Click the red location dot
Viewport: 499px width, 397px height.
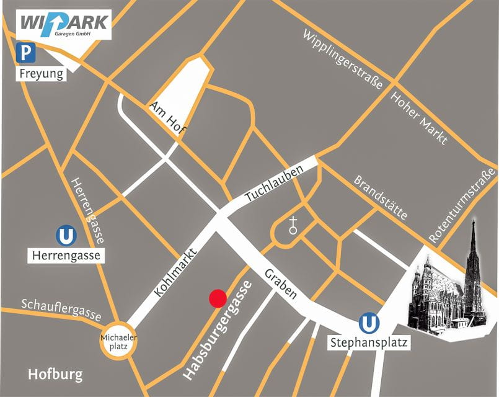(217, 298)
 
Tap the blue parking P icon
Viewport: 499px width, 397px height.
(26, 53)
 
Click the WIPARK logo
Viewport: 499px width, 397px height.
(65, 24)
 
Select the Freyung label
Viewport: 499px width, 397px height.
(42, 74)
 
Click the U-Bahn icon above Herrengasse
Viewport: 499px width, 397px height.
(65, 236)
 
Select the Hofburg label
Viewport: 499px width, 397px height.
(55, 375)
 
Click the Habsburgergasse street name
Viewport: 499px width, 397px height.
(219, 330)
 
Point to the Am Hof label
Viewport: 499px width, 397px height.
(169, 117)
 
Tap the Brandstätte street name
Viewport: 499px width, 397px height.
(381, 197)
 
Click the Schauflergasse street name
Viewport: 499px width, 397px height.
(61, 309)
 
